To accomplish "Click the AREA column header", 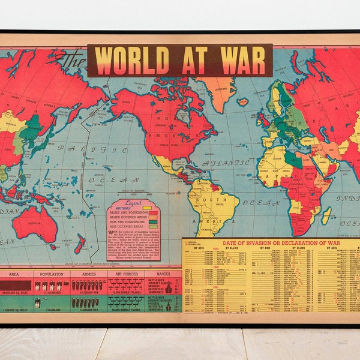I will click(17, 274).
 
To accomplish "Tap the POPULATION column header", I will click(52, 274).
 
